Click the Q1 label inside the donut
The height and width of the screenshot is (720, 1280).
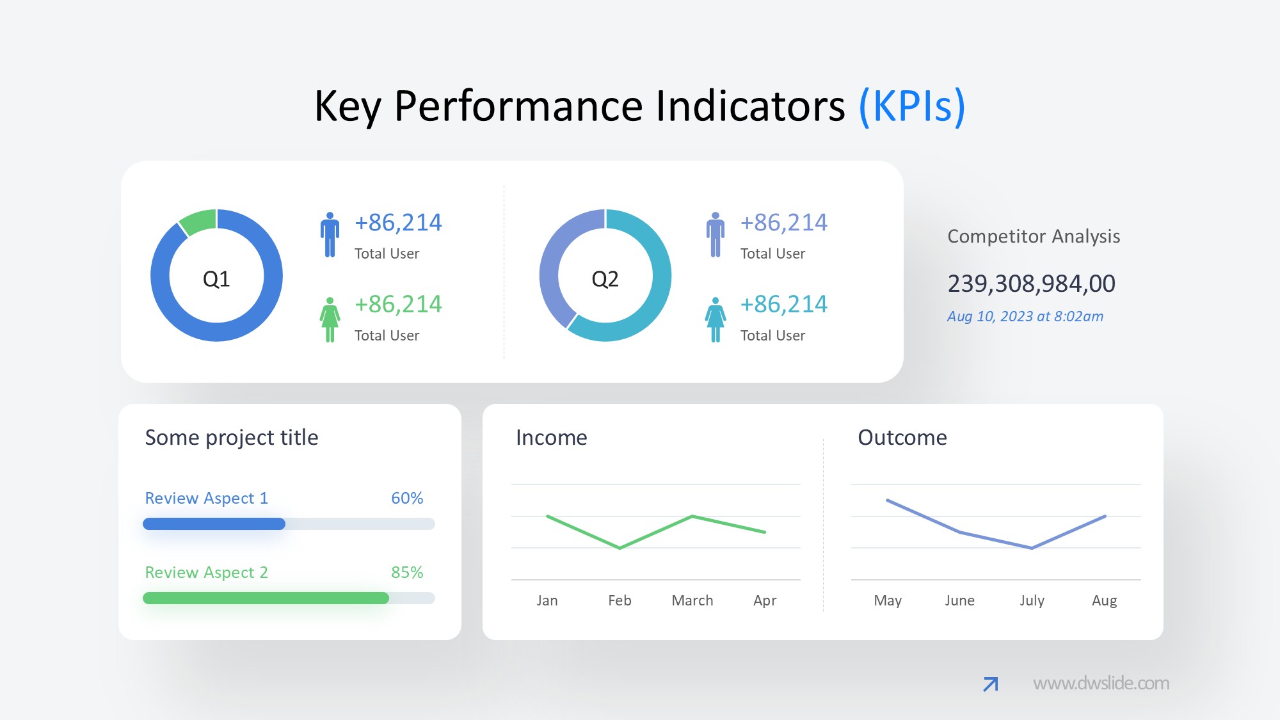point(216,279)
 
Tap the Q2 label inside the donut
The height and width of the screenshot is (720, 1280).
point(605,279)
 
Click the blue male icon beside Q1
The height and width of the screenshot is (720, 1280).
point(330,235)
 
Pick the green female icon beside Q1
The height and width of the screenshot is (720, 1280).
point(330,319)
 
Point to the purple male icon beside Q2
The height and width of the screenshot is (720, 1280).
point(716,235)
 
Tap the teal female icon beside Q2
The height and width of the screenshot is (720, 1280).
point(716,319)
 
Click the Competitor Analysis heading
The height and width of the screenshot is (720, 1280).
point(1034,236)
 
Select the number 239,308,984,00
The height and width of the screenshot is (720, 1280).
point(1031,284)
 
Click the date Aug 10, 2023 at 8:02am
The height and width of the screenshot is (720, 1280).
point(1025,316)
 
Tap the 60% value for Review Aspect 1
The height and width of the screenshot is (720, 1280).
point(407,498)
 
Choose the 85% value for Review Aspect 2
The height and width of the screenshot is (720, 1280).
point(407,572)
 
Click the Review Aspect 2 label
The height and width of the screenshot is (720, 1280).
point(206,572)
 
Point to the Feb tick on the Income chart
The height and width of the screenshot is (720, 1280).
point(620,600)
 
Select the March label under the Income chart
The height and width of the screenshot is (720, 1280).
point(692,600)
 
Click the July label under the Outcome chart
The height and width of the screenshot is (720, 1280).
point(1032,600)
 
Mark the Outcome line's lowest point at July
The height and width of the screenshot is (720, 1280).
point(1032,548)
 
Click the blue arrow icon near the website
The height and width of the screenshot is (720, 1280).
point(991,684)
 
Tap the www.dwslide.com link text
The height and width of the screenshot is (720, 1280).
point(1101,684)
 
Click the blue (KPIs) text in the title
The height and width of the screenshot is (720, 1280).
point(911,106)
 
